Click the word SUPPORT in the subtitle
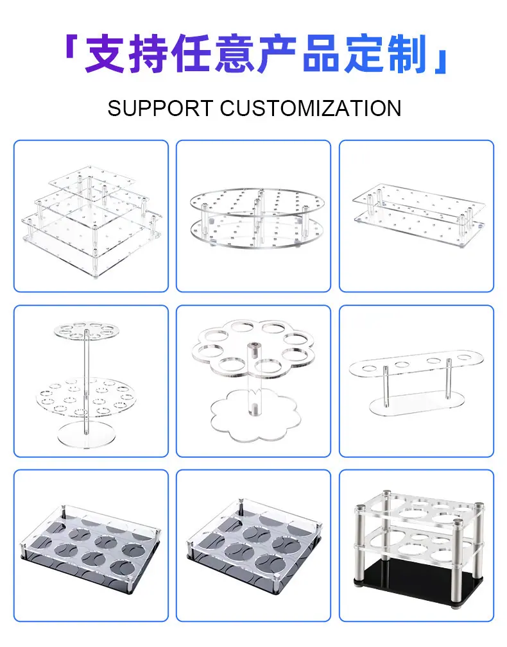pyautogui.click(x=160, y=108)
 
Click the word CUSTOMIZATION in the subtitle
pyautogui.click(x=311, y=108)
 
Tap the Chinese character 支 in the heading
pyautogui.click(x=105, y=54)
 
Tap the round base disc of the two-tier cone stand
pyautogui.click(x=85, y=435)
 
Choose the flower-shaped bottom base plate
pyautogui.click(x=255, y=416)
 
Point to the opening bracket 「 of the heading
pyautogui.click(x=71, y=46)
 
